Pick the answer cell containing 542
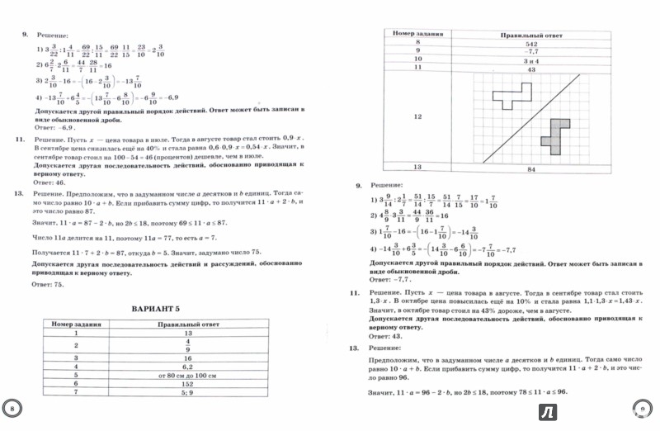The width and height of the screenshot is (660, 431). coord(532,43)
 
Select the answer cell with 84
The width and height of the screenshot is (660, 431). coord(532,168)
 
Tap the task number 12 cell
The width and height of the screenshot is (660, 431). coord(417,117)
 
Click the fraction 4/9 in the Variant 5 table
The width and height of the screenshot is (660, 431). coord(187,348)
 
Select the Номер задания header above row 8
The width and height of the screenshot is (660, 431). coord(417,34)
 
